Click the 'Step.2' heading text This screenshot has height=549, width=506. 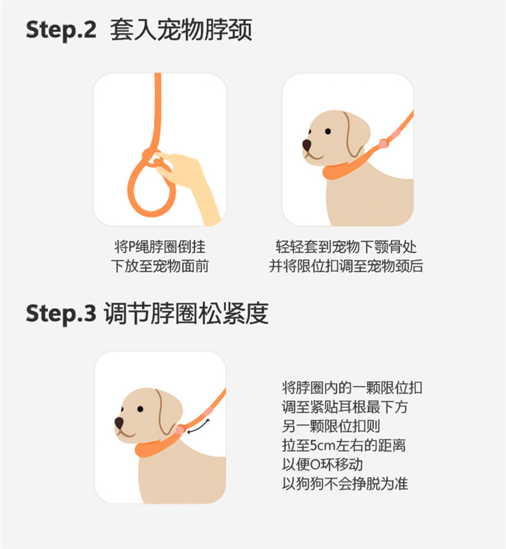pos(61,30)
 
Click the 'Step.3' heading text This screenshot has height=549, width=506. pos(61,313)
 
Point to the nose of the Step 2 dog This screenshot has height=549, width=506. pos(307,145)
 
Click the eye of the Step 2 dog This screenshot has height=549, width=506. pos(328,131)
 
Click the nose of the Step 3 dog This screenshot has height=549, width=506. pos(119,422)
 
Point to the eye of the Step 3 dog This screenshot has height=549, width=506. pos(140,409)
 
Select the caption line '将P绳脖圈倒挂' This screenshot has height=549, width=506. pos(160,247)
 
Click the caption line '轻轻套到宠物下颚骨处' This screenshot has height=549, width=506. pos(346,247)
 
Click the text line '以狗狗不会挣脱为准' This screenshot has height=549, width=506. pos(345,484)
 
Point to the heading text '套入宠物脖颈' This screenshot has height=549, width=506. pos(181,30)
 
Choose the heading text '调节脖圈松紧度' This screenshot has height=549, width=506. pos(186,313)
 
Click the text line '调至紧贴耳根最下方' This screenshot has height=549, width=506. pos(345,407)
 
